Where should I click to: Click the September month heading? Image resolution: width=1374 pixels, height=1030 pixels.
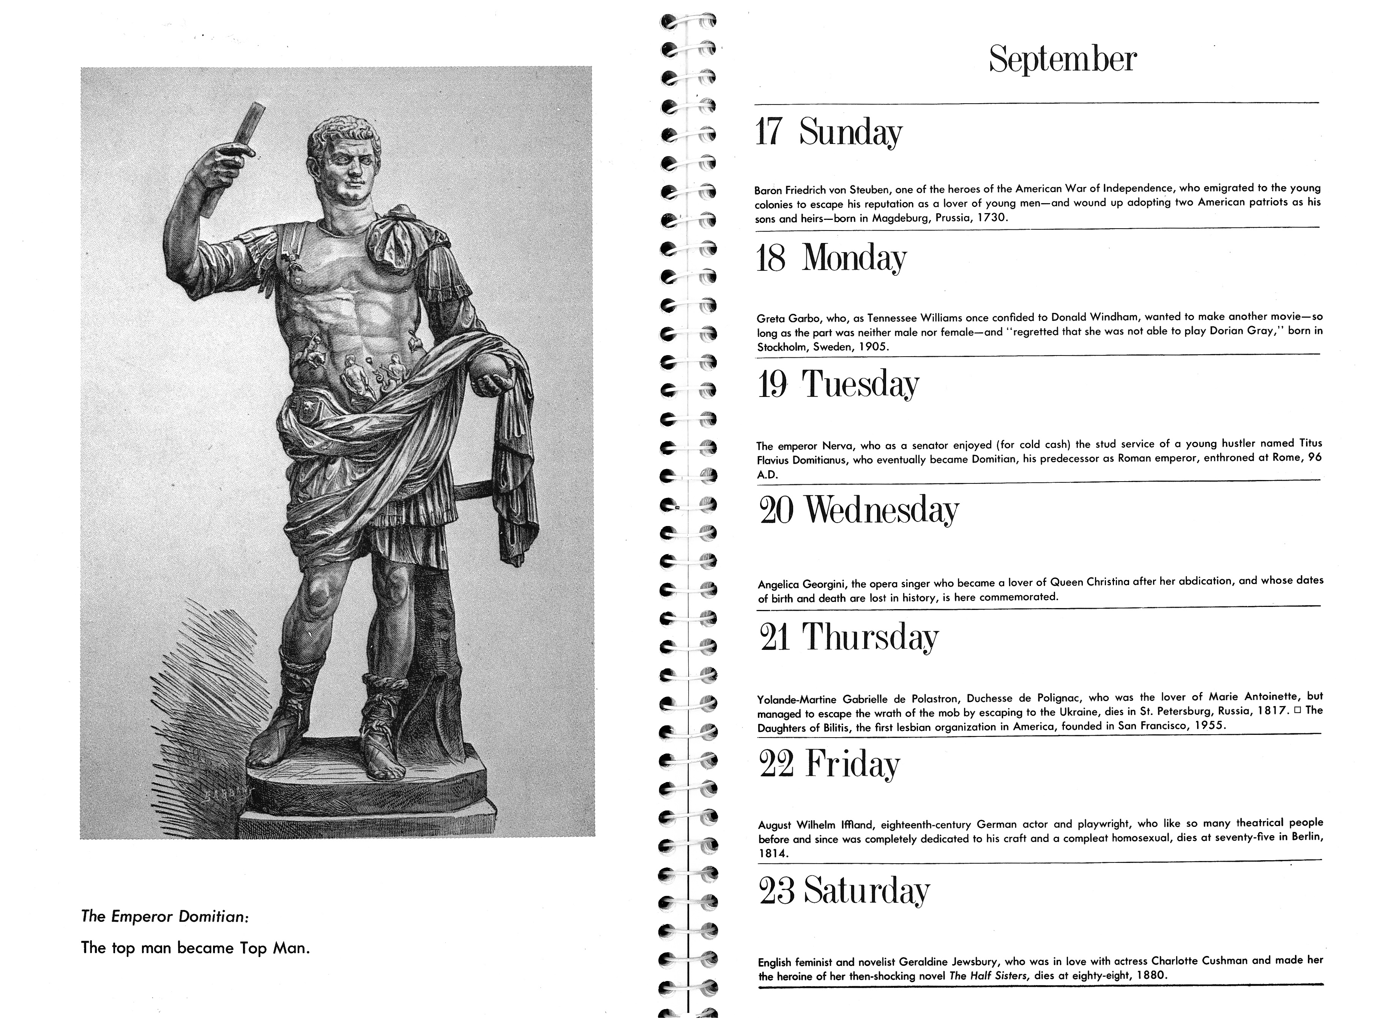click(1062, 60)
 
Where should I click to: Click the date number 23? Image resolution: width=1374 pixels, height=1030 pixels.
click(776, 890)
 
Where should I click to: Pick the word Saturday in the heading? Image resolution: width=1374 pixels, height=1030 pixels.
click(867, 890)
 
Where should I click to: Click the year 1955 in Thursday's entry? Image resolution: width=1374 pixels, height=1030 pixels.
click(1209, 725)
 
